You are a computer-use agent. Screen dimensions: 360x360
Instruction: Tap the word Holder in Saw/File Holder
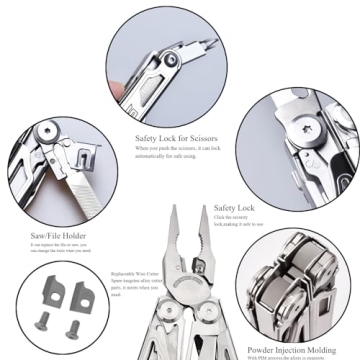click(65, 236)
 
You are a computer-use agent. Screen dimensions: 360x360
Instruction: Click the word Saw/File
click(40, 236)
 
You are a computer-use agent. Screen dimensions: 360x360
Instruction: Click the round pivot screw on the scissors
click(172, 61)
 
